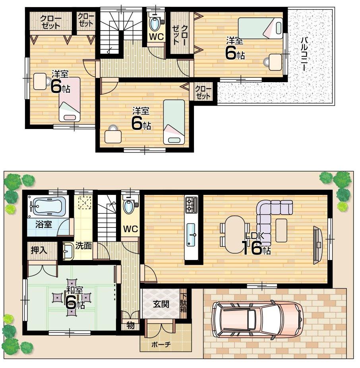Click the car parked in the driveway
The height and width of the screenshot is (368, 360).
coord(257,320)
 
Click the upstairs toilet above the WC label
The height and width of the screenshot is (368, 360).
coord(155,23)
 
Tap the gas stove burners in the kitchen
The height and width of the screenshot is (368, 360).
coord(191,205)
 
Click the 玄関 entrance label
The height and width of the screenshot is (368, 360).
coord(161,304)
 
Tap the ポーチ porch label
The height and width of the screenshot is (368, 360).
coord(161,345)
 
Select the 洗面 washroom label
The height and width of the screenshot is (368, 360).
coord(84,246)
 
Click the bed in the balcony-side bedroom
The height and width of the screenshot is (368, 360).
coord(261,28)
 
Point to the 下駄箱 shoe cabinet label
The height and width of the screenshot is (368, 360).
coord(183,304)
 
